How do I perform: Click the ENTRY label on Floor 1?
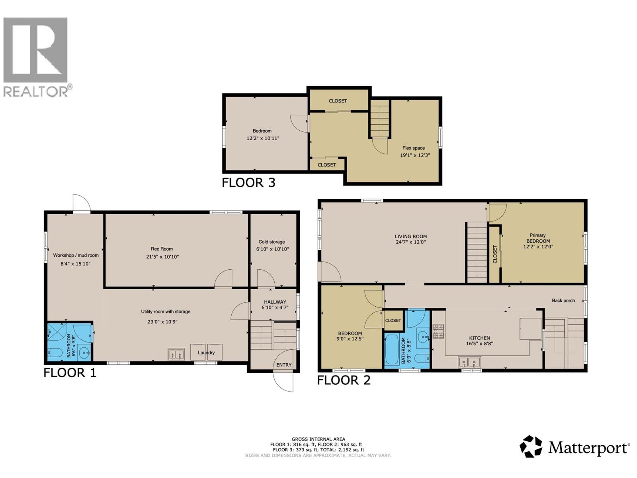284,365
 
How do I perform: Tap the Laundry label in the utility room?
206,353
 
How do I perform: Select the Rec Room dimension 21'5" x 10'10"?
162,257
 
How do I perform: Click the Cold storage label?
272,242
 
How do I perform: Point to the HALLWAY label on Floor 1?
275,302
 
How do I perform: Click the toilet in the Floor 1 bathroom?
55,353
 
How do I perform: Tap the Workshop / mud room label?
76,255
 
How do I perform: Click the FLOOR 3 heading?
248,183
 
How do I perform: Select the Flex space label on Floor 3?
413,148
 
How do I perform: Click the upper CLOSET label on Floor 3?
338,101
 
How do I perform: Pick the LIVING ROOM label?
410,237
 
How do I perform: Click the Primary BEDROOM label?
538,238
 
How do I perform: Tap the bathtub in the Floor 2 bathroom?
392,350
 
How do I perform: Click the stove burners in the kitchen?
438,332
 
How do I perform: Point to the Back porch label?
563,301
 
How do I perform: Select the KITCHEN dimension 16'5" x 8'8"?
479,343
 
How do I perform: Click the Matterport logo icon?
531,446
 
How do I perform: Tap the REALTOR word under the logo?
36,92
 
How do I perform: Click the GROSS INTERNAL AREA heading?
318,439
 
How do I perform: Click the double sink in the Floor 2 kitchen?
470,362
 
